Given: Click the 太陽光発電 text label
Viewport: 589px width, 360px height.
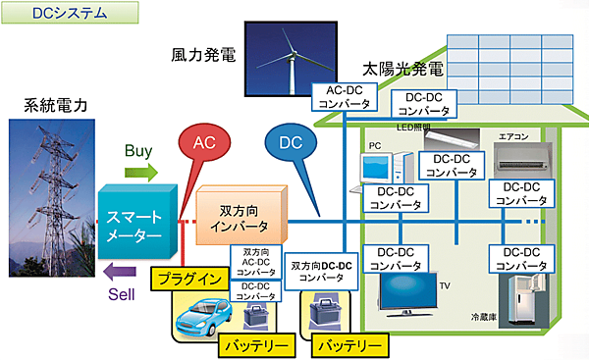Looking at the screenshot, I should [x=402, y=71].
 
